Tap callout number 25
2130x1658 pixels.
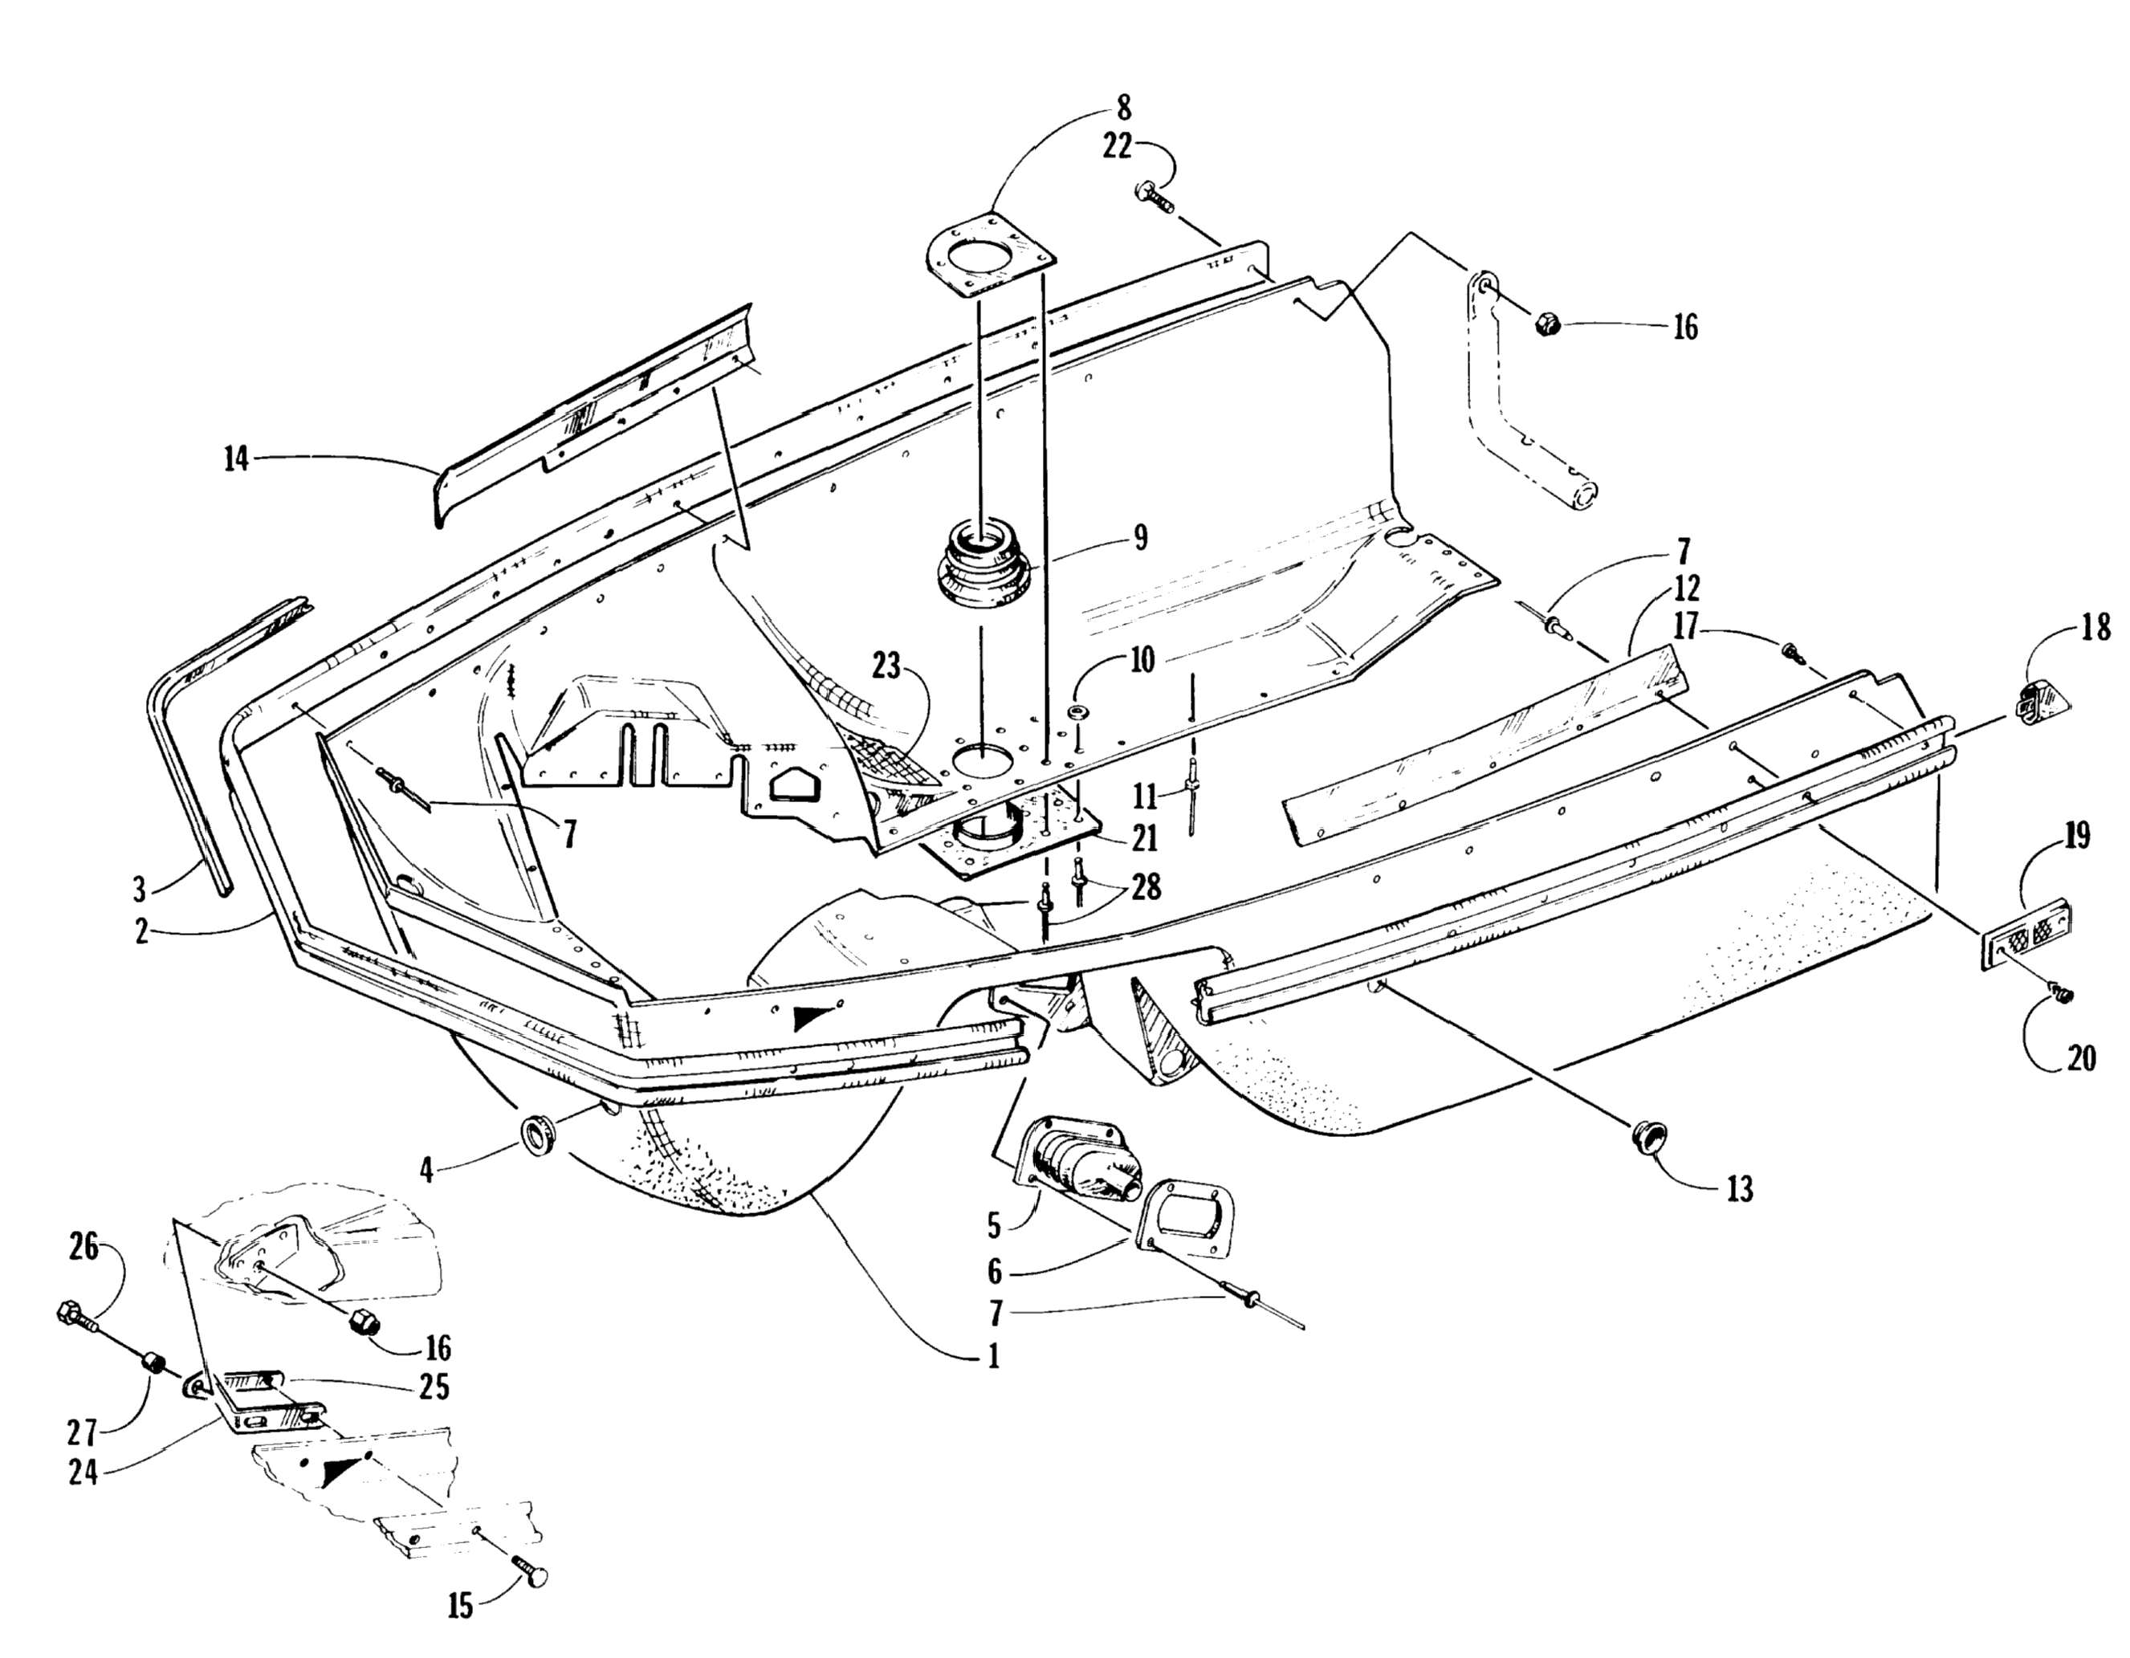click(434, 1386)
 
